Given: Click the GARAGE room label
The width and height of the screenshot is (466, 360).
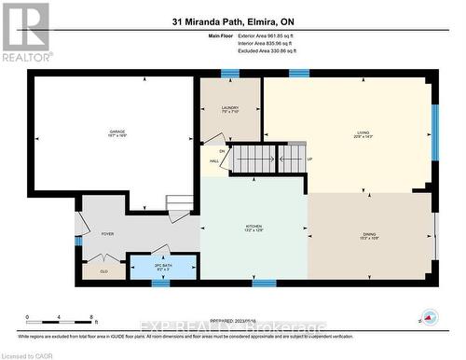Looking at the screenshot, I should pyautogui.click(x=116, y=134).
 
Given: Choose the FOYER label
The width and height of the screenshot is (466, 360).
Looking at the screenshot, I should pyautogui.click(x=107, y=234).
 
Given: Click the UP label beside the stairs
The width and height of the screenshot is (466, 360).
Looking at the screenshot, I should pyautogui.click(x=309, y=159).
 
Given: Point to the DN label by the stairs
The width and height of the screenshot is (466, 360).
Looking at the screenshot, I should pyautogui.click(x=222, y=151).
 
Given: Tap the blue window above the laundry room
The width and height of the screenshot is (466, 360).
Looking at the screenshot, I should pyautogui.click(x=230, y=74).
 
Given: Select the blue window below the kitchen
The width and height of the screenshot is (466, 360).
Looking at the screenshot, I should pyautogui.click(x=264, y=283).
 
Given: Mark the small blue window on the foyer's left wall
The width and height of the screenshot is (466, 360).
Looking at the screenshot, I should pyautogui.click(x=78, y=242).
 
